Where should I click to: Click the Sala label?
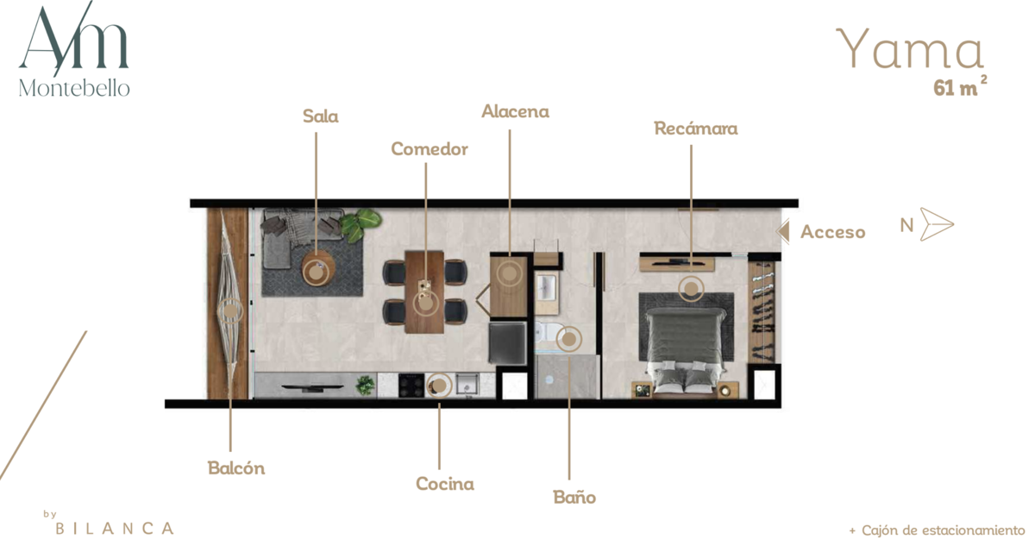coord(320,116)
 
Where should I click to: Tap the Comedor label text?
coord(430,148)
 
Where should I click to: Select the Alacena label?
coord(515,111)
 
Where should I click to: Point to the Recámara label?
coord(696,129)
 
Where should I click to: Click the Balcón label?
coord(236,468)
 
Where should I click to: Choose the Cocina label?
coord(445,484)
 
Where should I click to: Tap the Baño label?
coord(574,497)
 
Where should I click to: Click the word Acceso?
coord(832,232)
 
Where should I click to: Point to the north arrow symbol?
coord(937,224)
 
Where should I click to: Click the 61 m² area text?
coord(960,86)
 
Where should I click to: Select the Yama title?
coord(909,48)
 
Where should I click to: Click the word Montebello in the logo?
coord(74,88)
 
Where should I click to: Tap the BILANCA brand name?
coord(115,529)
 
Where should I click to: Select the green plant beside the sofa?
coord(361,224)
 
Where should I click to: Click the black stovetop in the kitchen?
coord(411,386)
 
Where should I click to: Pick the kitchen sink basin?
coord(466,385)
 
